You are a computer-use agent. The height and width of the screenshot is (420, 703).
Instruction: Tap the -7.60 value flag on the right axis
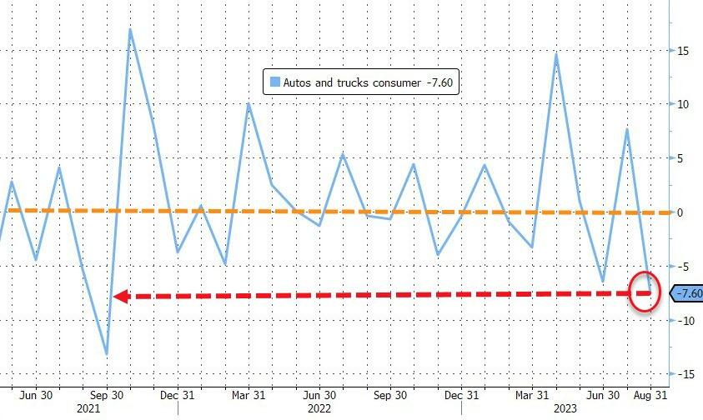[687, 293]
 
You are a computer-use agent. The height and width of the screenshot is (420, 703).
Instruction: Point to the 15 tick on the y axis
[681, 51]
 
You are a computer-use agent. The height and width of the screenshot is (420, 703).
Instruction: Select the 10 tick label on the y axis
[681, 104]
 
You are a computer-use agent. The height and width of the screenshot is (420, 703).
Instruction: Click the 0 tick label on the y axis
[679, 212]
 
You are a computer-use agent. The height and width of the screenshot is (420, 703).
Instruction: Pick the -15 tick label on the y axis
[685, 374]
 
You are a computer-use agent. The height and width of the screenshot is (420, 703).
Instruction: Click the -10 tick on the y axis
[685, 320]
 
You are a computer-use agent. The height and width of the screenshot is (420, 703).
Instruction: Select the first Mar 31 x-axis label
[249, 395]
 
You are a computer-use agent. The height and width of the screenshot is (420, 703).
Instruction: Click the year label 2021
[89, 409]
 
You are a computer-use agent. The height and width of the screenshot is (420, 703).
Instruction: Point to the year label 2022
[319, 409]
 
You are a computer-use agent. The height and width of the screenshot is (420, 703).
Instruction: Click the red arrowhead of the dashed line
[120, 296]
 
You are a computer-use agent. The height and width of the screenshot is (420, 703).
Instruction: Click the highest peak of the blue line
[130, 30]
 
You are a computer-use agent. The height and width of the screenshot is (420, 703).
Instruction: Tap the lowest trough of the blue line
[106, 354]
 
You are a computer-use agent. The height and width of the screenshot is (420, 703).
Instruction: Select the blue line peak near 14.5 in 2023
[555, 55]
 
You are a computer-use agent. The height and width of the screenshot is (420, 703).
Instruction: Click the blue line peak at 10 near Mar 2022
[249, 103]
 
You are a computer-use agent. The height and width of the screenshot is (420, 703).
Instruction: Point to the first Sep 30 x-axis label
[106, 395]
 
